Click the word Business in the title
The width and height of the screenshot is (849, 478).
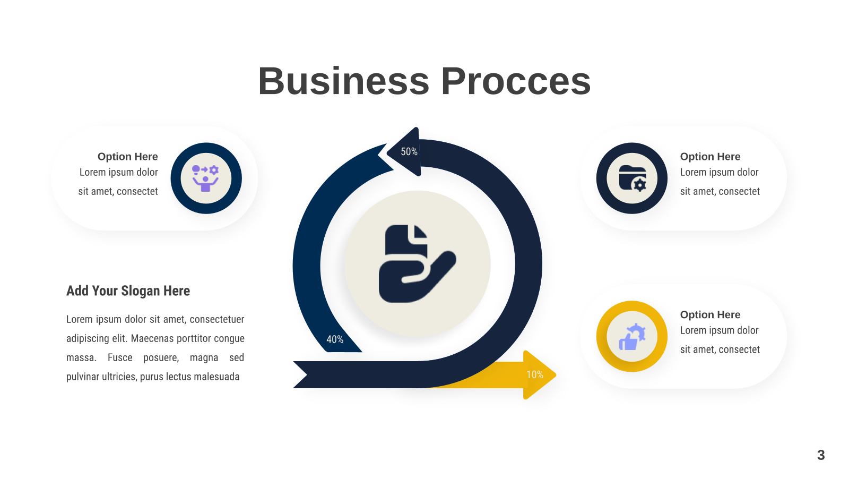pyautogui.click(x=344, y=81)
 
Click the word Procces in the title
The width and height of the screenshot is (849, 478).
pyautogui.click(x=516, y=81)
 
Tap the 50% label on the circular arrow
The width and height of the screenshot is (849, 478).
pyautogui.click(x=409, y=152)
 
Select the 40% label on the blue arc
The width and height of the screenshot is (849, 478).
pyautogui.click(x=335, y=339)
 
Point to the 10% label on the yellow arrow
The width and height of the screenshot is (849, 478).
pyautogui.click(x=535, y=375)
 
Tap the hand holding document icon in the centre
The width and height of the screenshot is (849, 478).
pyautogui.click(x=417, y=263)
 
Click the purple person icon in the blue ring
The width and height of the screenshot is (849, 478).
pyautogui.click(x=205, y=178)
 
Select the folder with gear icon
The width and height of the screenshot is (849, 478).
pyautogui.click(x=633, y=178)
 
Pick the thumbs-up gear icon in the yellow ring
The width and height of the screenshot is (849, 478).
pyautogui.click(x=632, y=337)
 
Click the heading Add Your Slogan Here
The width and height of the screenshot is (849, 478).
pyautogui.click(x=128, y=291)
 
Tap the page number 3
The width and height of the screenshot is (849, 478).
pyautogui.click(x=821, y=455)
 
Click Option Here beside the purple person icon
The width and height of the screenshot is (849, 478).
pyautogui.click(x=128, y=156)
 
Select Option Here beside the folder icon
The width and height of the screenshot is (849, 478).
pyautogui.click(x=710, y=156)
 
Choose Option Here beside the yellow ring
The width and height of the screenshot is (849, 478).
pyautogui.click(x=710, y=314)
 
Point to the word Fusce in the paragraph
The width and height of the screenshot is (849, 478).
pyautogui.click(x=120, y=358)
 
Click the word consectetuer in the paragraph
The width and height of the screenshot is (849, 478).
pyautogui.click(x=217, y=319)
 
